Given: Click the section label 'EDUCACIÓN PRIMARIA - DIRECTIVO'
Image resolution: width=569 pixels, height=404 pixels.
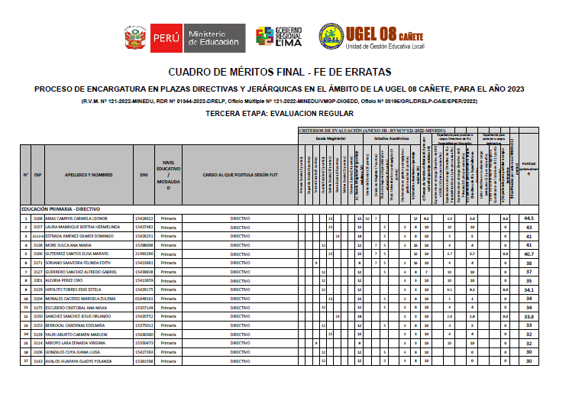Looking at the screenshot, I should click(61, 208).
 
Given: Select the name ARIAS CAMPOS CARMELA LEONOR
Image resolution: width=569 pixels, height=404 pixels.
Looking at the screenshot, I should click(82, 218).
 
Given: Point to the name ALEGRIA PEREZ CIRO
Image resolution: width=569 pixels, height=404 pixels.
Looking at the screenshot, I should click(70, 280).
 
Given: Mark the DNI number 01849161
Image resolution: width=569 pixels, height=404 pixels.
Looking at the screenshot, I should click(144, 298).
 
